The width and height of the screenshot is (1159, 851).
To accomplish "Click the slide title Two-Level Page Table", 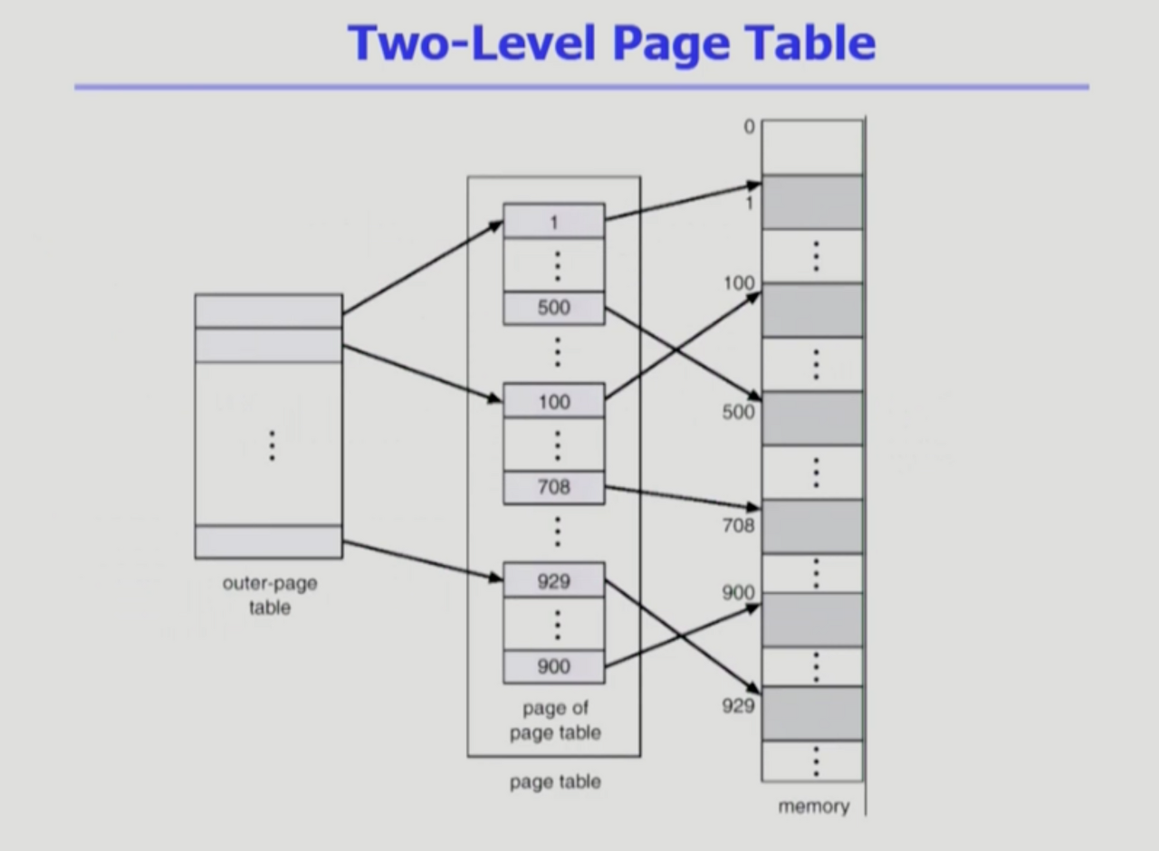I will point(611,42).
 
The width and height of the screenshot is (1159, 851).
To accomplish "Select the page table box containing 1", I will point(554,221).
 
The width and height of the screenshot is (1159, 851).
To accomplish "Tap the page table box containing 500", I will point(554,308).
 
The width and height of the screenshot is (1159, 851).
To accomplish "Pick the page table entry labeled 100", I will point(554,401).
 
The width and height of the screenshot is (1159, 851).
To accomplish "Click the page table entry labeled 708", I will point(554,488).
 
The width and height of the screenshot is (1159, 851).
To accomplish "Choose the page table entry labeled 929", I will point(554,580).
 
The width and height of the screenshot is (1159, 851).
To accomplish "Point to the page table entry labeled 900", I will point(554,667).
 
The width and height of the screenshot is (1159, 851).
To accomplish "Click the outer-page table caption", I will point(269,595).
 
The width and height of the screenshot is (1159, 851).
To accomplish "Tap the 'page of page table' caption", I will point(554,721).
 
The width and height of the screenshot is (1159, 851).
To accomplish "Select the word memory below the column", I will point(813,806).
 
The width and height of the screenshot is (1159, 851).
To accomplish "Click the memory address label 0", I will point(749,127).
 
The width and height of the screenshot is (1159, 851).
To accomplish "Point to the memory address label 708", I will point(738,525).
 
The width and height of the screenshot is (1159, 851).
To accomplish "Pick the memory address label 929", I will point(738,705).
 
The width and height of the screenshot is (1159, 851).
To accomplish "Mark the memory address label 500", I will point(738,412).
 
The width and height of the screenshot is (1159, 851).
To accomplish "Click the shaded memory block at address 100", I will point(812,311).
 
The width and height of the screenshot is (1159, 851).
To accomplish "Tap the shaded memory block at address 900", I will point(812,620).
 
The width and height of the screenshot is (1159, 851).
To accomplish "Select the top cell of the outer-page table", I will point(268,311).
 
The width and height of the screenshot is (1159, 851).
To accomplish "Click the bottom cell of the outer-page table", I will point(268,541).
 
